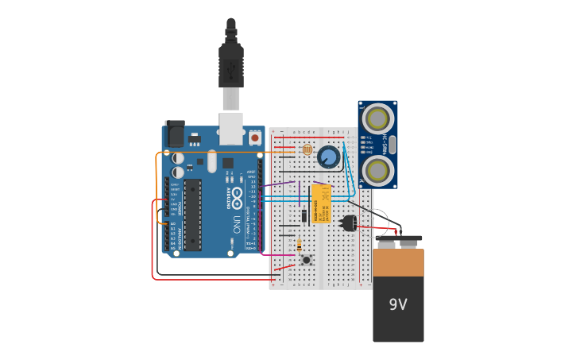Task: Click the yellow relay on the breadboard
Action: tap(321, 203)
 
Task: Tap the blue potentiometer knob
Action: tap(328, 157)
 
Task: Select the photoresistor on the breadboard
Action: tap(307, 149)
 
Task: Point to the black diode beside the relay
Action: tap(304, 215)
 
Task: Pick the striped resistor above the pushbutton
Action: tap(299, 246)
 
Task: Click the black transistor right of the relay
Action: tap(349, 223)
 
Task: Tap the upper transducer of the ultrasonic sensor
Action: tap(377, 119)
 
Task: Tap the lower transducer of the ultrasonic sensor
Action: tap(377, 169)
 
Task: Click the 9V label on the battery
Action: tap(398, 304)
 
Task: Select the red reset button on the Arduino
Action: tap(255, 137)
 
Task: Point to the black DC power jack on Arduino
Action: tap(174, 134)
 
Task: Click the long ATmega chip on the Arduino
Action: tap(192, 215)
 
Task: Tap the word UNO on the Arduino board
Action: tap(237, 223)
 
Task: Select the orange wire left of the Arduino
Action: tap(157, 171)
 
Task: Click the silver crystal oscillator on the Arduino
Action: tap(212, 161)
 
